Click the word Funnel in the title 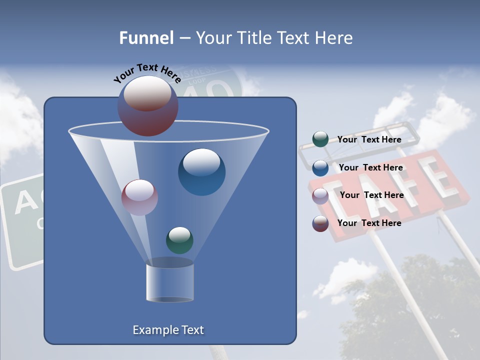coord(146,37)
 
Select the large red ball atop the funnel coord(147,106)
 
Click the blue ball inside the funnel coord(201,172)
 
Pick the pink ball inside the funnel coord(139,197)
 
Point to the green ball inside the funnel coord(179,240)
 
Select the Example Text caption coord(168,330)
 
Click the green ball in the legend coord(320,139)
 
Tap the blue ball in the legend coord(320,167)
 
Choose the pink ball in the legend coord(320,195)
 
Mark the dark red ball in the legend coord(320,223)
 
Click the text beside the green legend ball coord(369,139)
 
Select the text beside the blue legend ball coord(370,167)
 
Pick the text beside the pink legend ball coord(371,195)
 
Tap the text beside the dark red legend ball coord(369,223)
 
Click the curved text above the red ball coord(147,72)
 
